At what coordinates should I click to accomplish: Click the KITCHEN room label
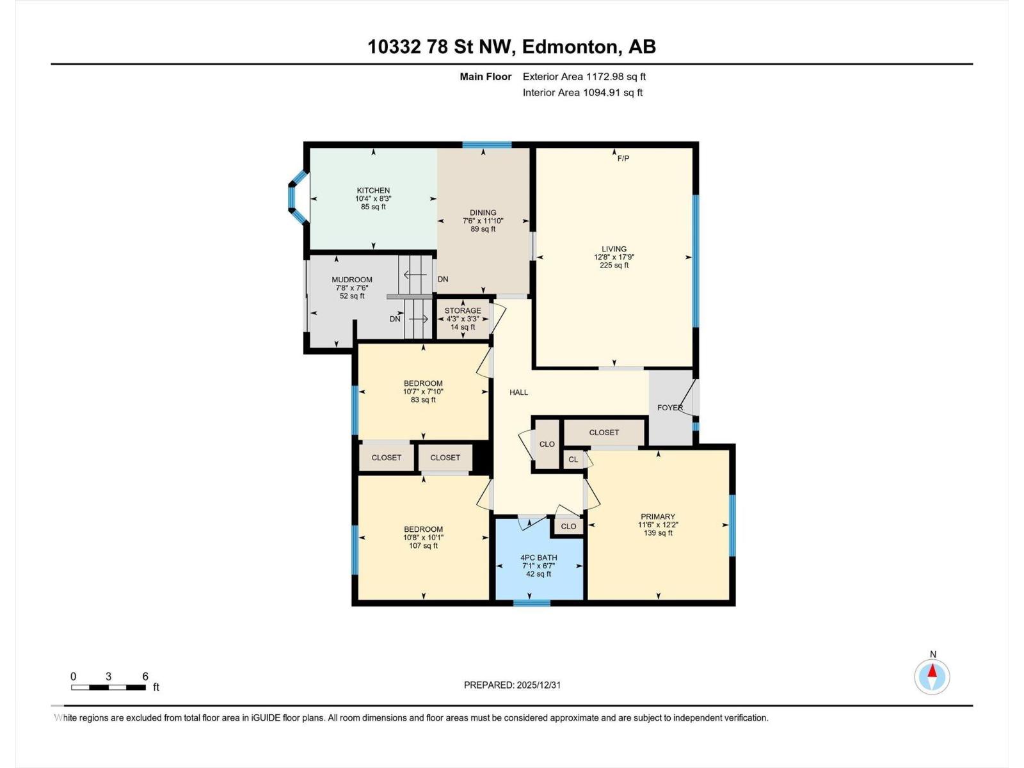(x=373, y=191)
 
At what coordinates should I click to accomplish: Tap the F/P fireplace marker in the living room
(x=623, y=158)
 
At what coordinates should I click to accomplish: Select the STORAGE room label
(x=463, y=311)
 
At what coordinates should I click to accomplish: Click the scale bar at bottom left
(x=108, y=687)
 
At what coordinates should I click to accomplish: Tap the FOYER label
(x=670, y=408)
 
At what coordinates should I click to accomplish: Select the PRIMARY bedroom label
(x=658, y=516)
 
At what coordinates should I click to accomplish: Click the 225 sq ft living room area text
(x=614, y=266)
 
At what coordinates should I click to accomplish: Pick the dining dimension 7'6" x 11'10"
(x=483, y=221)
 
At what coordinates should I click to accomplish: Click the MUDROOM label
(x=352, y=280)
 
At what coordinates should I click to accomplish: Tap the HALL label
(x=518, y=392)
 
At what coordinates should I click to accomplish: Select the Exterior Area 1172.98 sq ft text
(x=584, y=77)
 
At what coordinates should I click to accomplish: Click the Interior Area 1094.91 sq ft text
(x=582, y=93)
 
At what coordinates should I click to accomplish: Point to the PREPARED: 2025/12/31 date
(x=512, y=685)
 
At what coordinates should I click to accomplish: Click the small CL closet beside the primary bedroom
(x=573, y=460)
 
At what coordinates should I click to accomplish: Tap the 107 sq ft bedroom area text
(x=423, y=546)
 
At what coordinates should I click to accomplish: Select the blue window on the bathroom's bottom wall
(x=532, y=603)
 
